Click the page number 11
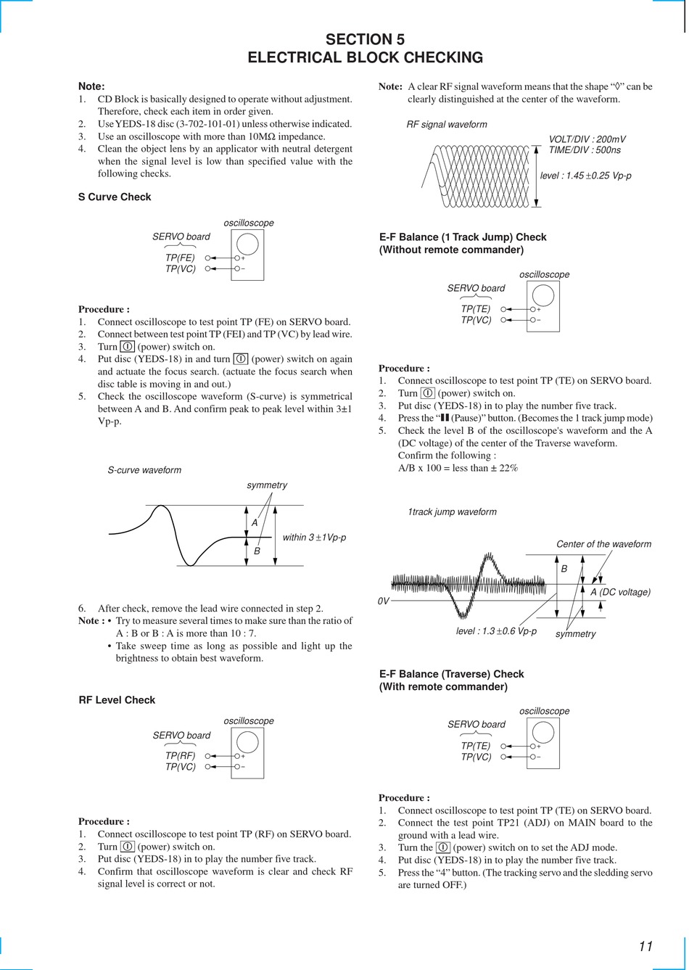pyautogui.click(x=645, y=946)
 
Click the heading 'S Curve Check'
pyautogui.click(x=115, y=197)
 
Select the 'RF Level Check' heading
pyautogui.click(x=117, y=700)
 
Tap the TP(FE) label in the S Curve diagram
pyautogui.click(x=180, y=258)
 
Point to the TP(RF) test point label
pyautogui.click(x=180, y=755)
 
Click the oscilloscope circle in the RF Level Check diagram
pyautogui.click(x=247, y=741)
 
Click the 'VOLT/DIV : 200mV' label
pyautogui.click(x=587, y=139)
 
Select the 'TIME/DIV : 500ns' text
pyautogui.click(x=585, y=150)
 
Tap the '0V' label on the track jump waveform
pyautogui.click(x=384, y=602)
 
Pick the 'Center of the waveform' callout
pyautogui.click(x=603, y=544)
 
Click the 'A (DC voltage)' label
pyautogui.click(x=620, y=592)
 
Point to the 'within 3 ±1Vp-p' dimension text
pyautogui.click(x=314, y=538)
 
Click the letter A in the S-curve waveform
pyautogui.click(x=255, y=522)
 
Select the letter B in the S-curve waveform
pyautogui.click(x=257, y=551)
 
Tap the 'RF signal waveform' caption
pyautogui.click(x=447, y=125)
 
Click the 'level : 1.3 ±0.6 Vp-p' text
pyautogui.click(x=496, y=631)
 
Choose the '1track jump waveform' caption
pyautogui.click(x=452, y=512)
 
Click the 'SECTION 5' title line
pyautogui.click(x=365, y=39)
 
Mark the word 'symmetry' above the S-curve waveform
pyautogui.click(x=267, y=485)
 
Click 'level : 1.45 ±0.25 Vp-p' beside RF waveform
pyautogui.click(x=585, y=176)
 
